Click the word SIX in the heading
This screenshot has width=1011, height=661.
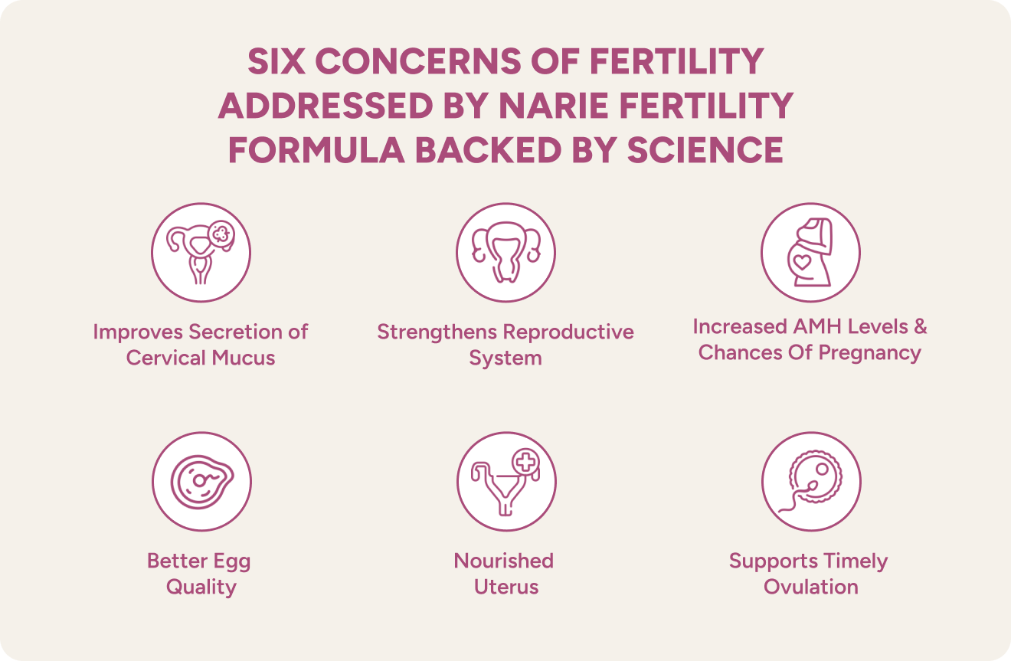[276, 61]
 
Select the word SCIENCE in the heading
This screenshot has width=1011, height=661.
[705, 150]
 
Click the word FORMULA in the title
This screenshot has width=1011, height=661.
[316, 150]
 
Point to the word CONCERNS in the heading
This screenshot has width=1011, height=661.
[418, 61]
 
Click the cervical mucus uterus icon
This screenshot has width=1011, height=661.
[201, 252]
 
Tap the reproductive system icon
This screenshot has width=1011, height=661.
[505, 252]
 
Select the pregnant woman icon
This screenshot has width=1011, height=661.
[810, 252]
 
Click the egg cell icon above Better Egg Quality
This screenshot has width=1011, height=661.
[201, 481]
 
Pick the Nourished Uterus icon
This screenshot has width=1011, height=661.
[506, 481]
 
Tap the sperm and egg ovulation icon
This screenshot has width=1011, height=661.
[812, 481]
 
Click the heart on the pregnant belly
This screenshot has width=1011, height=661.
[802, 262]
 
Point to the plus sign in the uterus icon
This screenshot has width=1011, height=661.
[526, 463]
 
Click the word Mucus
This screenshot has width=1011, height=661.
[244, 358]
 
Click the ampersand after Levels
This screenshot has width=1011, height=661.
[921, 326]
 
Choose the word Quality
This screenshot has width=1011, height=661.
[201, 587]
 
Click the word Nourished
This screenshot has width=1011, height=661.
[504, 561]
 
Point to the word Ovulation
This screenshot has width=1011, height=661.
[811, 587]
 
